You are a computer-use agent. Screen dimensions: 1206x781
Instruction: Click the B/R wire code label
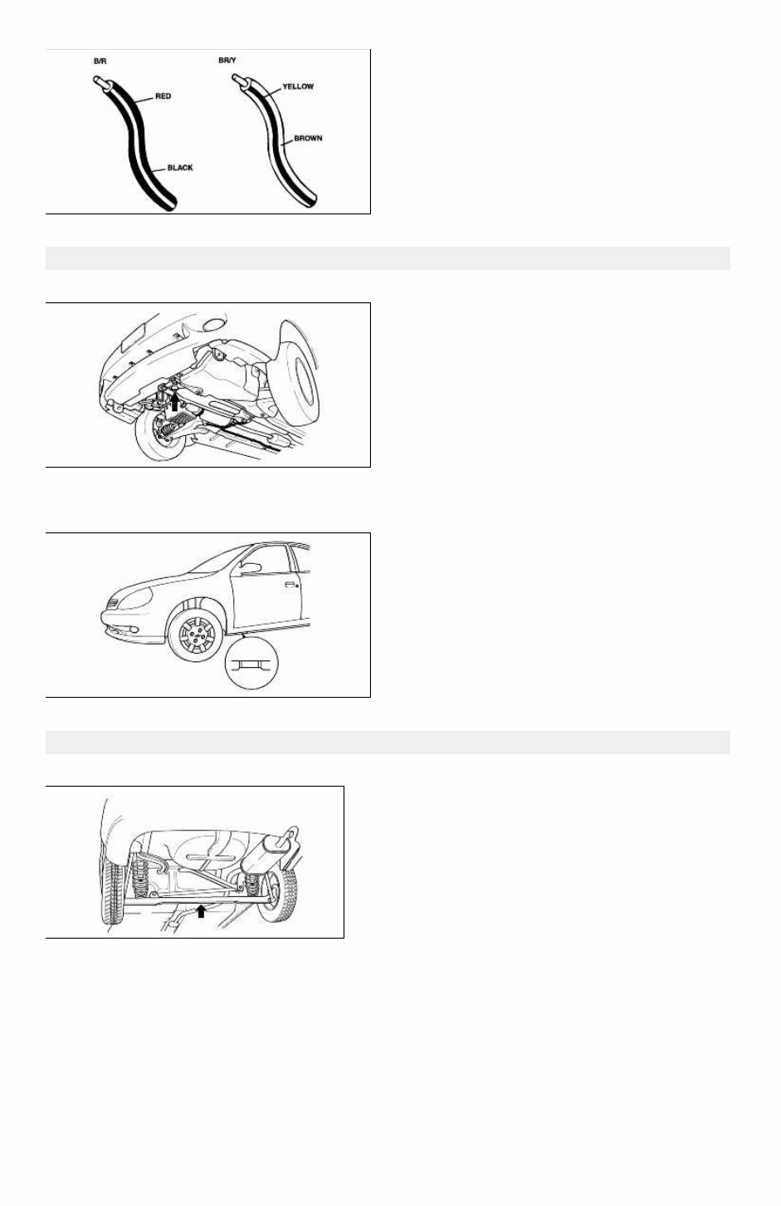point(100,61)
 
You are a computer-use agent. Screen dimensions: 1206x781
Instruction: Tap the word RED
point(164,96)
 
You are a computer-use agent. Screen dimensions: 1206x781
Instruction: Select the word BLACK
point(180,168)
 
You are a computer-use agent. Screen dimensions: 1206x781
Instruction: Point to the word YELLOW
point(298,86)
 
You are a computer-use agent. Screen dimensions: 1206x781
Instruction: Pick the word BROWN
point(308,138)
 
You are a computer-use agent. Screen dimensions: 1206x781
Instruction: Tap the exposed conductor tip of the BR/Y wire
point(237,80)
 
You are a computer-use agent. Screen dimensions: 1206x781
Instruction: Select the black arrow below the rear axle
point(200,911)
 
